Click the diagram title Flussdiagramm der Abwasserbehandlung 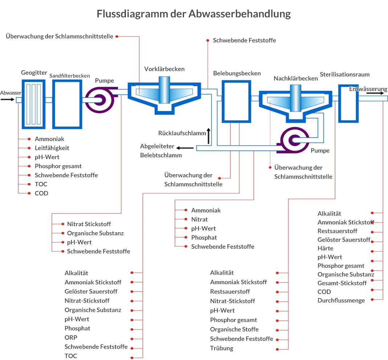(194, 14)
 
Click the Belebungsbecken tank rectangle (236, 101)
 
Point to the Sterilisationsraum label (344, 74)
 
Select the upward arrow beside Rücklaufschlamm (209, 136)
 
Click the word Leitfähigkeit (52, 148)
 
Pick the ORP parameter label (71, 338)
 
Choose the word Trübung (221, 348)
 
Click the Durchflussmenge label (341, 300)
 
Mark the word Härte (325, 248)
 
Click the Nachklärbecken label (295, 78)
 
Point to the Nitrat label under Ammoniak (199, 219)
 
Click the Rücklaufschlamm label (182, 133)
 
